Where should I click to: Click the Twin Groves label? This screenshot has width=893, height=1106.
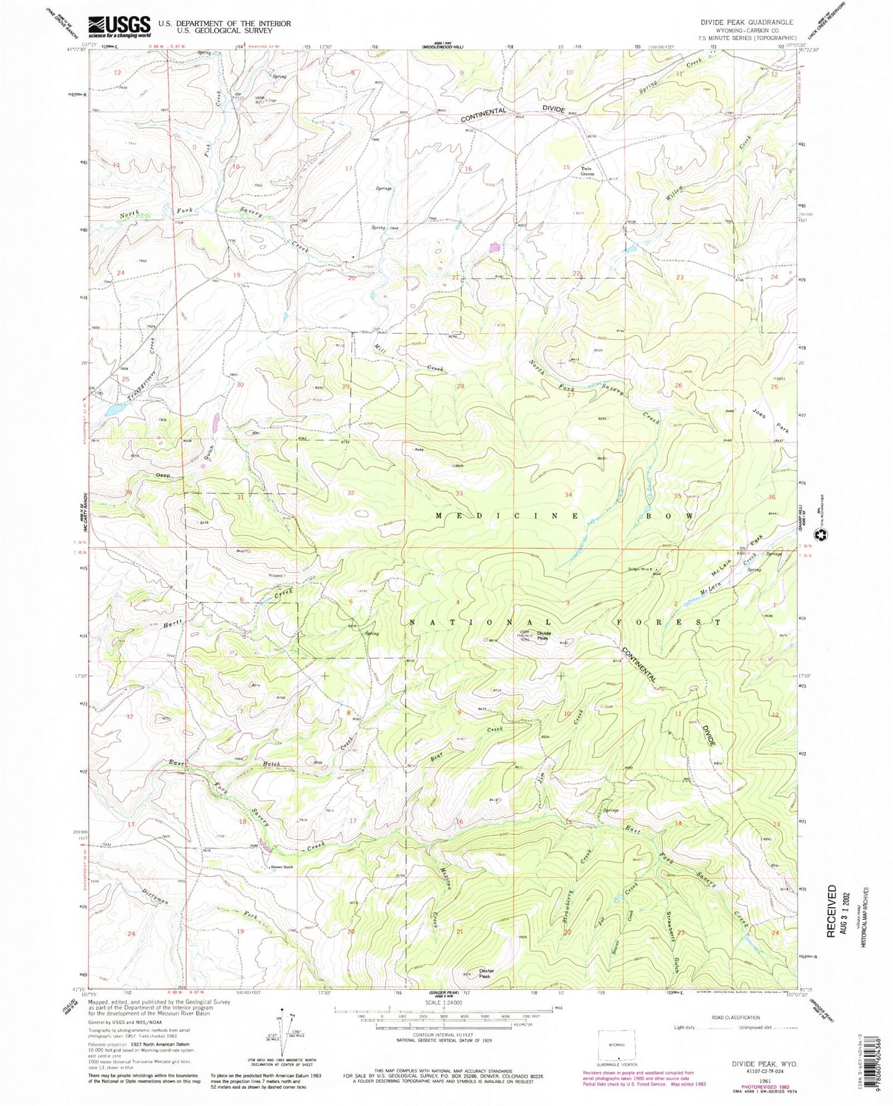click(x=586, y=172)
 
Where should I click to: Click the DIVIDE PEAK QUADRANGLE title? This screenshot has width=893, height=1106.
click(x=747, y=22)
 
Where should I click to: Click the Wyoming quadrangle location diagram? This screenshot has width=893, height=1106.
click(x=616, y=1042)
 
